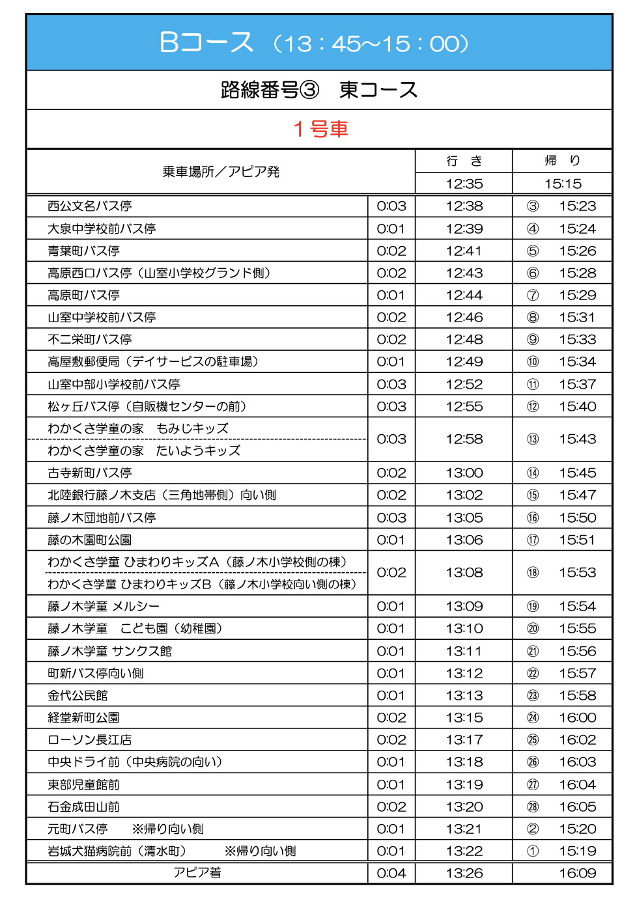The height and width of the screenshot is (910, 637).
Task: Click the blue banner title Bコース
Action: click(x=206, y=42)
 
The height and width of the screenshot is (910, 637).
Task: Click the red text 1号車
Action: click(x=320, y=129)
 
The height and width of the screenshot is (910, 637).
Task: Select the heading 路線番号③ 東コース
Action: click(x=318, y=90)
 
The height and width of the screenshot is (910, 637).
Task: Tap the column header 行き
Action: click(x=464, y=161)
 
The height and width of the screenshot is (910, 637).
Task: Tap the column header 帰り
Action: click(x=562, y=161)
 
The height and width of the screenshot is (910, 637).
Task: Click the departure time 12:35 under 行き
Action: click(x=464, y=184)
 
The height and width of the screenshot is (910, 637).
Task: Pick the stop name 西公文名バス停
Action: click(x=89, y=206)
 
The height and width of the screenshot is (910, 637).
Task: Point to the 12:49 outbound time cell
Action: click(x=464, y=361)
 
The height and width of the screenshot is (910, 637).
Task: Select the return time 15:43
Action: click(x=577, y=439)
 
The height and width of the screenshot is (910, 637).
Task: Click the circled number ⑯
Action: click(x=533, y=517)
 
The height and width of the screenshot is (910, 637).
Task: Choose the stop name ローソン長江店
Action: click(x=89, y=739)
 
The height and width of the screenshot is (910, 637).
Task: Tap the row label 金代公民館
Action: click(x=78, y=695)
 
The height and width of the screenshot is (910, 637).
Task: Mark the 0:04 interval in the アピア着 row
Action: click(x=391, y=873)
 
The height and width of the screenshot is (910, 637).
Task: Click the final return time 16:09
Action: click(x=577, y=873)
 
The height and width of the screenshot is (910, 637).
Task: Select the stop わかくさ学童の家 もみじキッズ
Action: click(x=137, y=428)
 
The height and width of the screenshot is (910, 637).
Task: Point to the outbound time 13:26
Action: click(x=464, y=873)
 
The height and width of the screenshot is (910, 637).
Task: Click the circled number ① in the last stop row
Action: click(x=533, y=851)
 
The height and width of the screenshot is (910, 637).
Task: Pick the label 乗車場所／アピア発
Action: click(x=220, y=172)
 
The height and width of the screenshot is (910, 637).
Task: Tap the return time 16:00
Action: click(x=577, y=717)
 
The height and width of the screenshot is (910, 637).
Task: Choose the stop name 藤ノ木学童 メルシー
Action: click(x=103, y=606)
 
